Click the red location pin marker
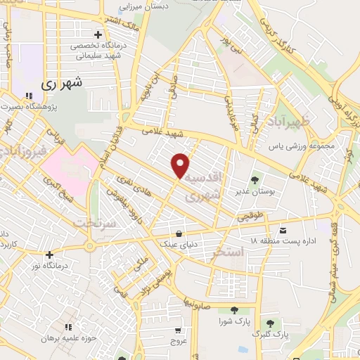(x=181, y=165)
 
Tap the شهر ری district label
(x=62, y=82)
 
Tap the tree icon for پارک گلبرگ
(x=270, y=323)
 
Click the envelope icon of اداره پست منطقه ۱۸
(x=283, y=231)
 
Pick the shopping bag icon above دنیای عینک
(x=180, y=233)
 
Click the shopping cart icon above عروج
(x=178, y=329)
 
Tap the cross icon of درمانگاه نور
(x=49, y=255)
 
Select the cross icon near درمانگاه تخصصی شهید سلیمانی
(x=98, y=34)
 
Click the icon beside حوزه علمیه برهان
(x=68, y=327)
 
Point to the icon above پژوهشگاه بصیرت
(x=29, y=96)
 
